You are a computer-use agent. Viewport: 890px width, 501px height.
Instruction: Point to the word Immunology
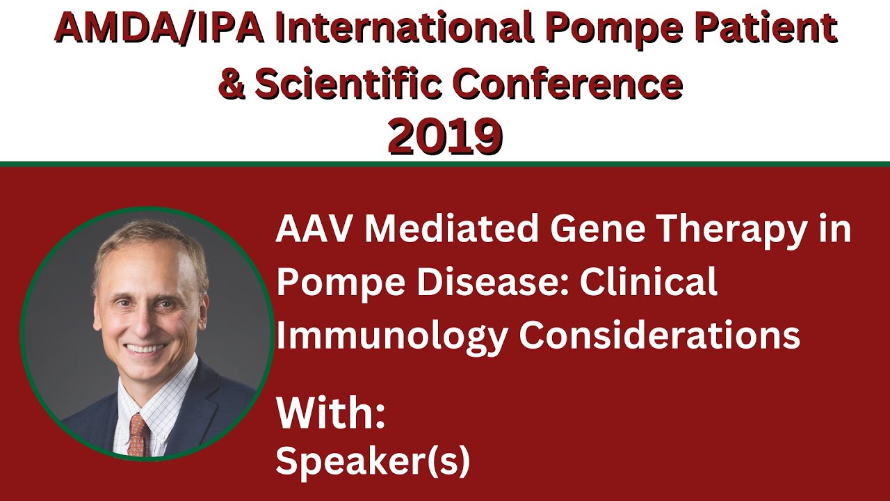pos(392,337)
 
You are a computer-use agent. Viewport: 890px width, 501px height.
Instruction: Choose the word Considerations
pos(659,335)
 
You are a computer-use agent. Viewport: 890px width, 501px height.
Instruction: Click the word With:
pos(330,413)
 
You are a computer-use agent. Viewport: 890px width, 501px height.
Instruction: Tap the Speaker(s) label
pos(373,461)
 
